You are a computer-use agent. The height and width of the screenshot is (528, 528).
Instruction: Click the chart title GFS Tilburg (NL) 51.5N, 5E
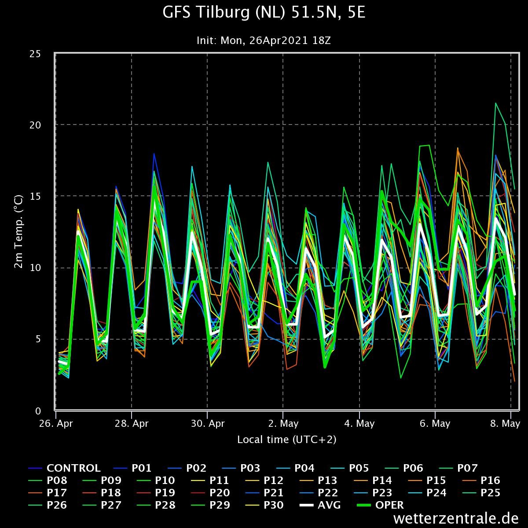[x=264, y=13]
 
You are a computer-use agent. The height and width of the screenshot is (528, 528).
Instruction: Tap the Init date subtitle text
[x=264, y=40]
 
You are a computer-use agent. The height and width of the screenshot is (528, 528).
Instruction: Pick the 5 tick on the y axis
[x=38, y=339]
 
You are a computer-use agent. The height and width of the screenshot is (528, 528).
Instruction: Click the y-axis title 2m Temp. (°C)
[x=18, y=232]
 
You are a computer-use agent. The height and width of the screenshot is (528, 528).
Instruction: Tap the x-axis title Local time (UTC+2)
[x=287, y=439]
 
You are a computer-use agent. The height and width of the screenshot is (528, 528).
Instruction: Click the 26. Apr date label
[x=56, y=424]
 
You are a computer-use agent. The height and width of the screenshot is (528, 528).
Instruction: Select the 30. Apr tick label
[x=207, y=424]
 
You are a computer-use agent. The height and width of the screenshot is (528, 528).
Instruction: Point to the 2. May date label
[x=283, y=424]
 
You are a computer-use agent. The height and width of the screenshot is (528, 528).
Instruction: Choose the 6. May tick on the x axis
[x=435, y=424]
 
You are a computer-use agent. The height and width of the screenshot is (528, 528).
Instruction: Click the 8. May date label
[x=505, y=424]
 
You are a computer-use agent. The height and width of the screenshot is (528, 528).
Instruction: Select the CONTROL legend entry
[x=73, y=468]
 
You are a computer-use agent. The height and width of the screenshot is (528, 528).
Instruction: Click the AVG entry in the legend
[x=329, y=505]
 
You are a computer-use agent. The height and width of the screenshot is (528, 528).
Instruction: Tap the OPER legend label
[x=389, y=505]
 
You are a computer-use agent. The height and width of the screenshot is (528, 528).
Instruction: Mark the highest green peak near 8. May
[x=495, y=103]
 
